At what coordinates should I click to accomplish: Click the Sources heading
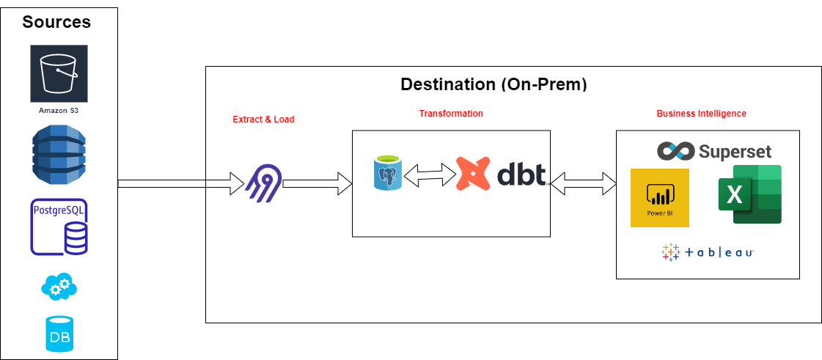[x=56, y=22]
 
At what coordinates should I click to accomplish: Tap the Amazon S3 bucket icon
[x=59, y=73]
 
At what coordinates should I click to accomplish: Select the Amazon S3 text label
[x=59, y=111]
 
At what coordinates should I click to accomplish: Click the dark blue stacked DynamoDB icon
[x=59, y=155]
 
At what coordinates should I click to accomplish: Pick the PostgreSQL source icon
[x=59, y=227]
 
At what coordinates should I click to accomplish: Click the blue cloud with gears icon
[x=59, y=286]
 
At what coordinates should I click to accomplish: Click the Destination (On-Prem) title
[x=493, y=84]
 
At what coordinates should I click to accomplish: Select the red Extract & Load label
[x=263, y=120]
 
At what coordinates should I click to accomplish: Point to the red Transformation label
[x=451, y=114]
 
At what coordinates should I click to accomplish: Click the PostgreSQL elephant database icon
[x=387, y=174]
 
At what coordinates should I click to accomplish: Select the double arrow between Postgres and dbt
[x=429, y=175]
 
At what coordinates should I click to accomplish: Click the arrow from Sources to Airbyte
[x=180, y=183]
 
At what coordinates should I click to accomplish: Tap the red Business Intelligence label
[x=701, y=114]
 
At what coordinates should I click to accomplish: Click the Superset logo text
[x=735, y=152]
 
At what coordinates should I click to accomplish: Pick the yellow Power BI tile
[x=659, y=198]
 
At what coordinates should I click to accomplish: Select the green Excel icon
[x=749, y=194]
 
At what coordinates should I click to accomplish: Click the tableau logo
[x=708, y=252]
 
